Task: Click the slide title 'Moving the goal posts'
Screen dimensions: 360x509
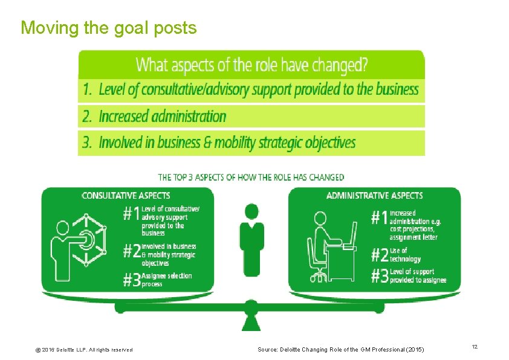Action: click(x=109, y=28)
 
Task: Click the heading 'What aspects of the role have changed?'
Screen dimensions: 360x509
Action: click(x=252, y=65)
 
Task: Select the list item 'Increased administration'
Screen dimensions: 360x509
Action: click(x=162, y=116)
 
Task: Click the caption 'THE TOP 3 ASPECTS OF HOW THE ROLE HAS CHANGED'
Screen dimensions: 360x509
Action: click(x=251, y=178)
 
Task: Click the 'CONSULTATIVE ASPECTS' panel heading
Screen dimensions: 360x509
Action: click(x=126, y=196)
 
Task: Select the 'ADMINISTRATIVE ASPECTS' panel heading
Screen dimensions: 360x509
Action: click(x=374, y=196)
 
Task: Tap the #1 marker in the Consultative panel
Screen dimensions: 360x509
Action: click(x=132, y=214)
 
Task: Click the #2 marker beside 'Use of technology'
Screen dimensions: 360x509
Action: click(x=380, y=255)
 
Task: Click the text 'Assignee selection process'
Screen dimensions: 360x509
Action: click(x=166, y=280)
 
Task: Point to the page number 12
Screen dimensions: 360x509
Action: click(x=475, y=346)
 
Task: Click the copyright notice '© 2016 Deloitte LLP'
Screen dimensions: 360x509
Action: click(x=85, y=350)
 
